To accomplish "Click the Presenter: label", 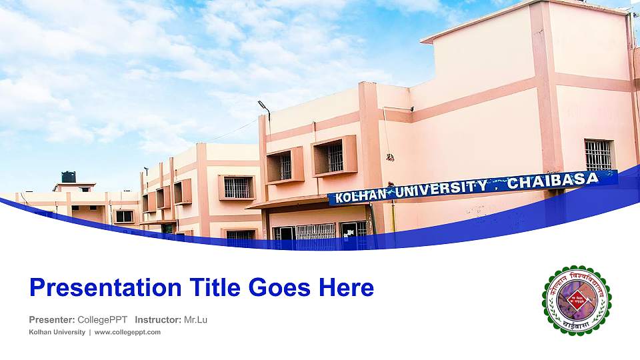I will tap(51, 320).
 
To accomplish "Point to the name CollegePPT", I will tap(102, 320).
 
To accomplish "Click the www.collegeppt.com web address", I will tap(127, 332).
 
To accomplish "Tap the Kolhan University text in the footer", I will tap(57, 332).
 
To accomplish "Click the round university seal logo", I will tap(577, 301).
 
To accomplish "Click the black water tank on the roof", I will tap(69, 177).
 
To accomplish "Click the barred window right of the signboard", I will tap(599, 155).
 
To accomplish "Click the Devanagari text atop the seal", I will tap(577, 275).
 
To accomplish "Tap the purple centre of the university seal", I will tap(576, 301).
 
